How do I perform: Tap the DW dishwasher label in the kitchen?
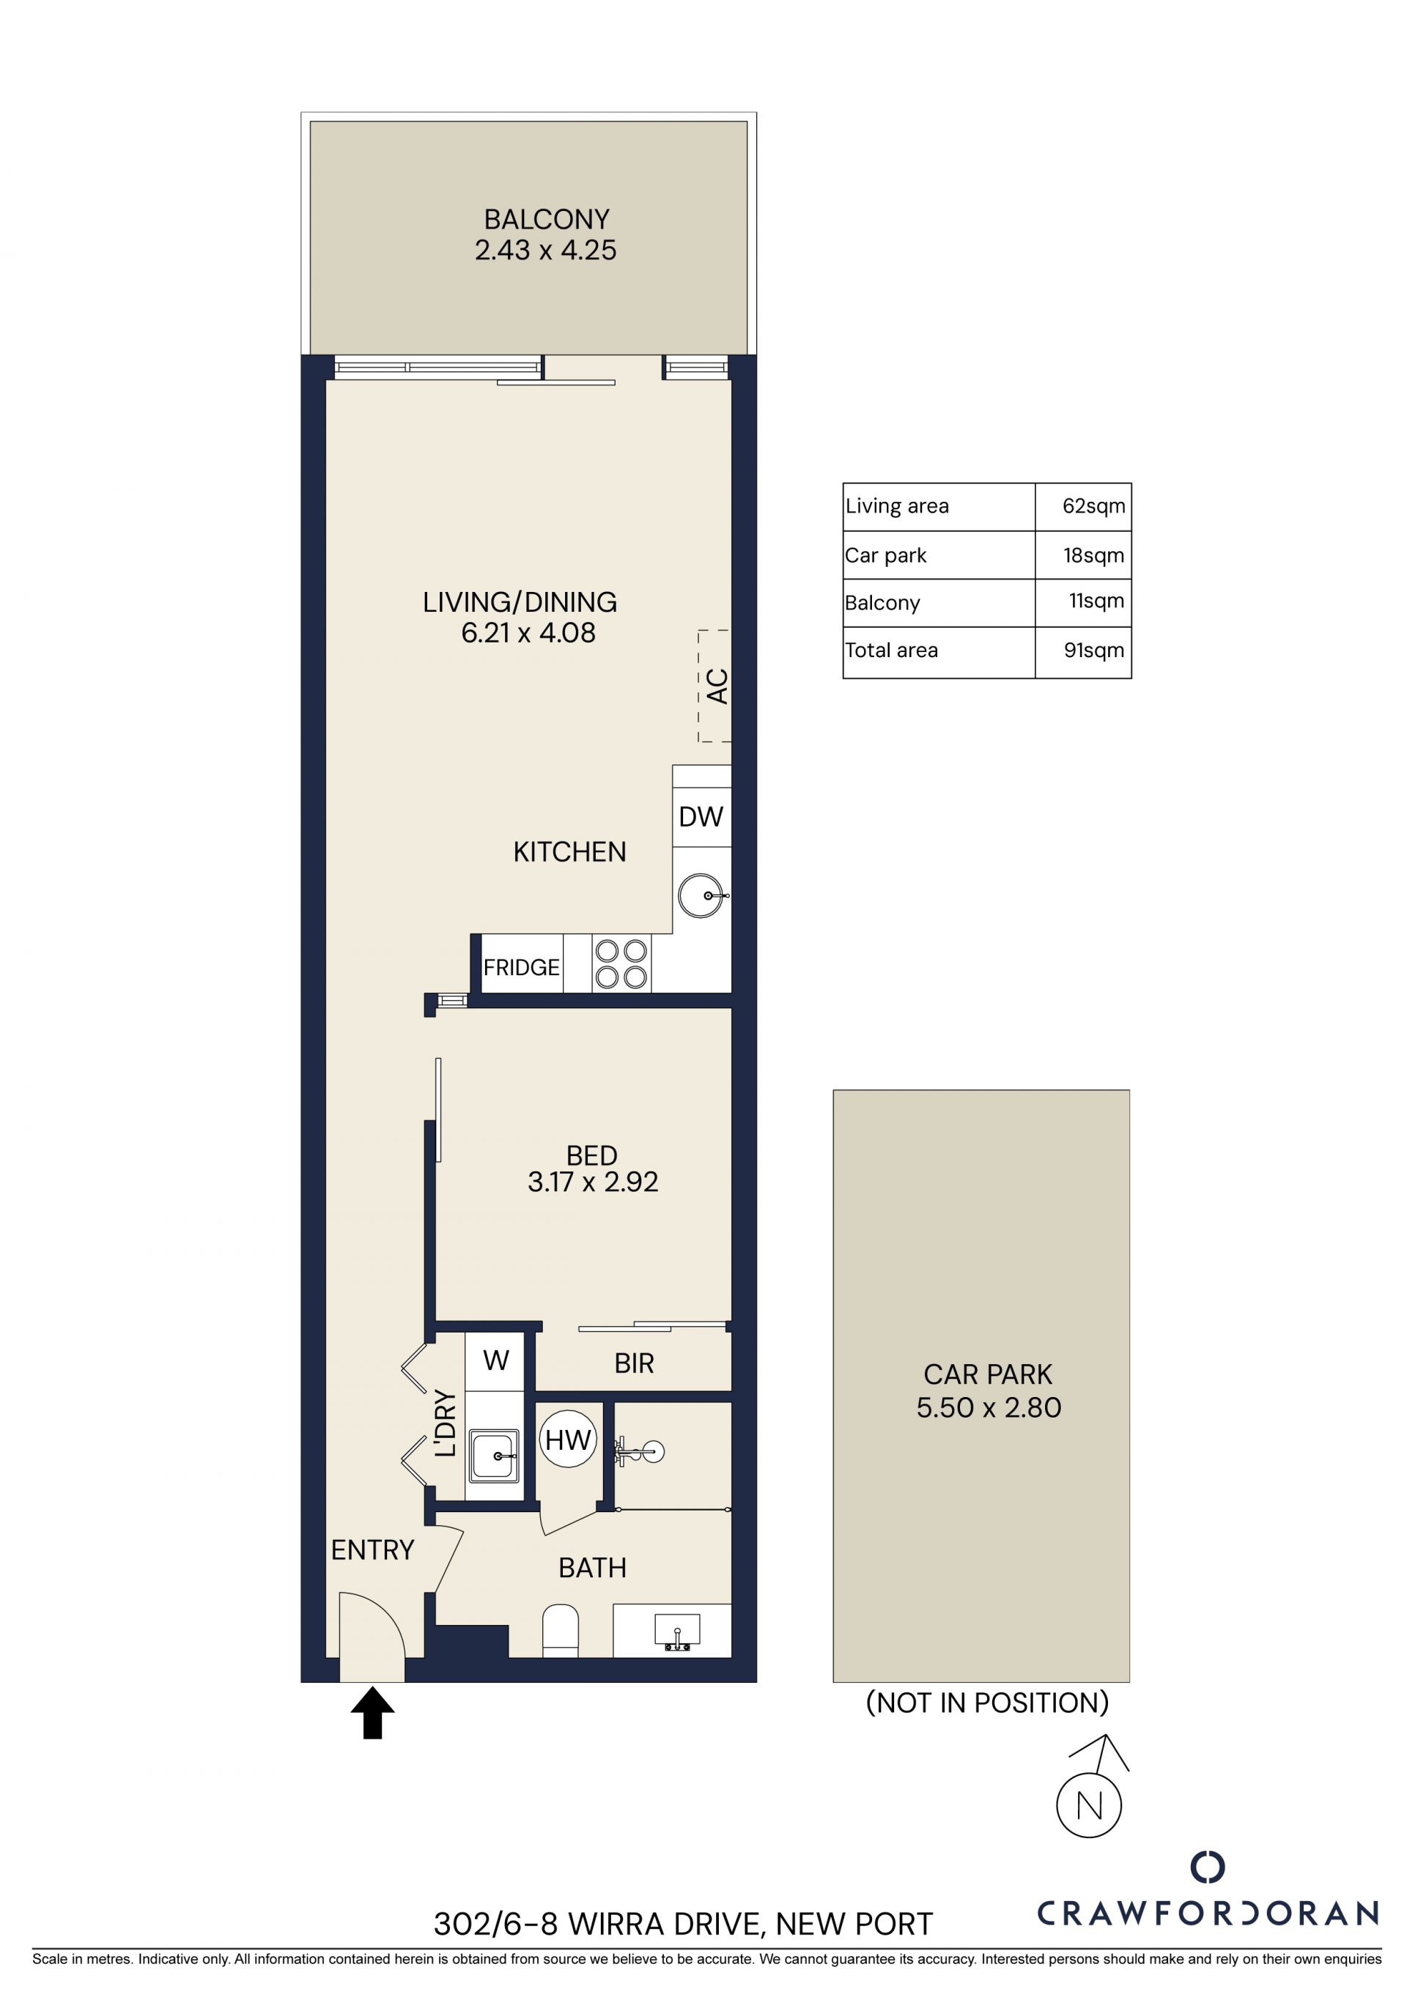701,816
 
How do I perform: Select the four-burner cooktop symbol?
621,964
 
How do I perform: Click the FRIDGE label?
522,967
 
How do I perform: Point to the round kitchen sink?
700,895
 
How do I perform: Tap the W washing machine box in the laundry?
495,1360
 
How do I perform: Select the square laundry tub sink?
495,1456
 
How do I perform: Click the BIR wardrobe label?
633,1363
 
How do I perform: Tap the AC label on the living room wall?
717,686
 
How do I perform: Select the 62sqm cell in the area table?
1093,506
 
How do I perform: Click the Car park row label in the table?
885,555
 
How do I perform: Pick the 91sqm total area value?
1094,650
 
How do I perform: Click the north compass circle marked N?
1089,1805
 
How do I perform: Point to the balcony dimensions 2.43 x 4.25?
545,251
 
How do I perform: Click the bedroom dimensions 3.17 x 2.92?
593,1182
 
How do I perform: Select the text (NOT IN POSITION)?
988,1703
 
